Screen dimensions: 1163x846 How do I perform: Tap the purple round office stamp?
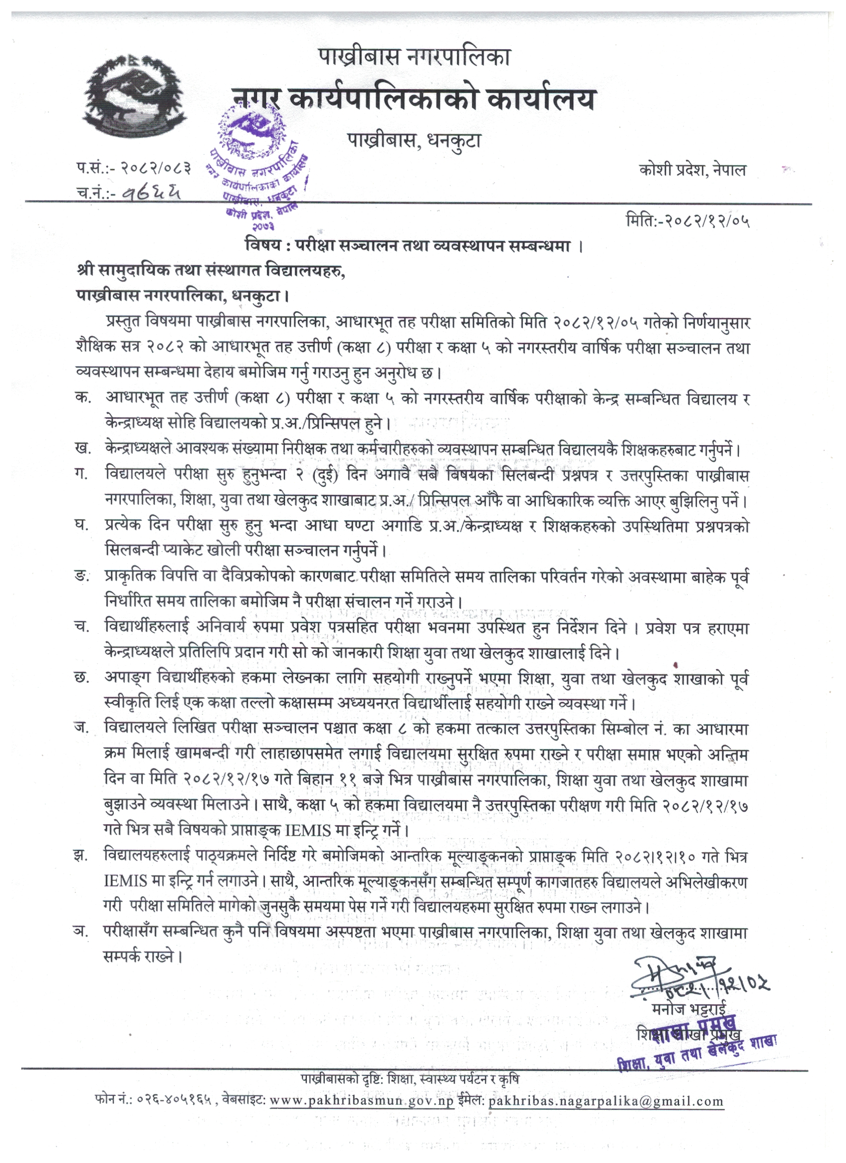[x=256, y=164]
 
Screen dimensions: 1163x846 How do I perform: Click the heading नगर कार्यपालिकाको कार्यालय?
[x=414, y=98]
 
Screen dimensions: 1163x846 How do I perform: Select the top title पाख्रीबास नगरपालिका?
[x=414, y=56]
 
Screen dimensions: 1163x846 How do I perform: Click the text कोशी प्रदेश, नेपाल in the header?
[x=693, y=170]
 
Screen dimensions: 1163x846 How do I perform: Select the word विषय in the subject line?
[x=262, y=246]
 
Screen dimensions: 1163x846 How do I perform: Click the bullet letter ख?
[x=82, y=449]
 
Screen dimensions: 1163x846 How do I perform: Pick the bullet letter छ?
[x=82, y=678]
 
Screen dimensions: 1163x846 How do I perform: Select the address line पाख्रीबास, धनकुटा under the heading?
[x=414, y=140]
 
